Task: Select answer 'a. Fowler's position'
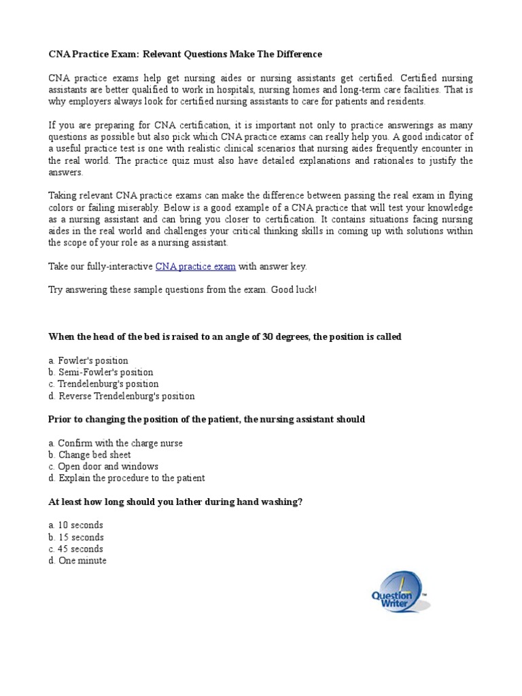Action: click(x=88, y=360)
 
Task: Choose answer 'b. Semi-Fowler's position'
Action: click(x=101, y=372)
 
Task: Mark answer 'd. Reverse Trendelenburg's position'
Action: click(x=121, y=396)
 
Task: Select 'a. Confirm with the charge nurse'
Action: click(x=116, y=443)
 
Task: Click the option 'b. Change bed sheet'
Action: click(x=90, y=455)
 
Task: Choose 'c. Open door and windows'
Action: click(x=103, y=466)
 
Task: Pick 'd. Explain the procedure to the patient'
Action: click(x=126, y=478)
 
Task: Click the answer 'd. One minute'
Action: click(x=77, y=561)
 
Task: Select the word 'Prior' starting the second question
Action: click(x=60, y=419)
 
